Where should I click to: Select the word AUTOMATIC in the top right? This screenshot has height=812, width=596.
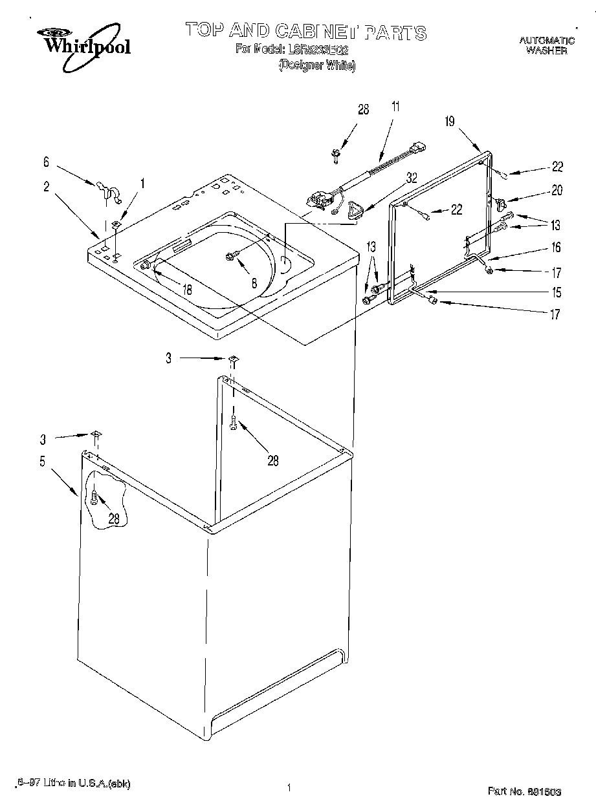coord(547,41)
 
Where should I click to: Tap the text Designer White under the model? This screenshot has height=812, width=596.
coord(317,65)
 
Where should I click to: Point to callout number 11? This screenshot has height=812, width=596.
coord(395,107)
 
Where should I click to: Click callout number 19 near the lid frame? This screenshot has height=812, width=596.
coord(451,121)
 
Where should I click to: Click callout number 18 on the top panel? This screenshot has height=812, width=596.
coord(186,290)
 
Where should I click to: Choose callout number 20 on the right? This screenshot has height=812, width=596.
coord(557,190)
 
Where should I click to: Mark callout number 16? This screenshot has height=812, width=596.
coord(555,247)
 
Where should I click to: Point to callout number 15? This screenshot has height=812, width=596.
coord(555,292)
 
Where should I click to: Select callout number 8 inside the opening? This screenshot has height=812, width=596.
coord(254,283)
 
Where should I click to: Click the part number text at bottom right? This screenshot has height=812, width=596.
coord(524,791)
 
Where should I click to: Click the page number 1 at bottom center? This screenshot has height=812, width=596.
coord(288,787)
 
